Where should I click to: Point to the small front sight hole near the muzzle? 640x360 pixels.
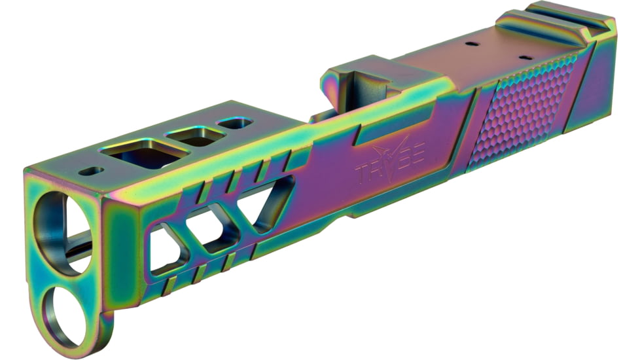pyautogui.click(x=91, y=171)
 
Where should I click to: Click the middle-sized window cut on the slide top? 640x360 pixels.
pyautogui.click(x=195, y=136)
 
